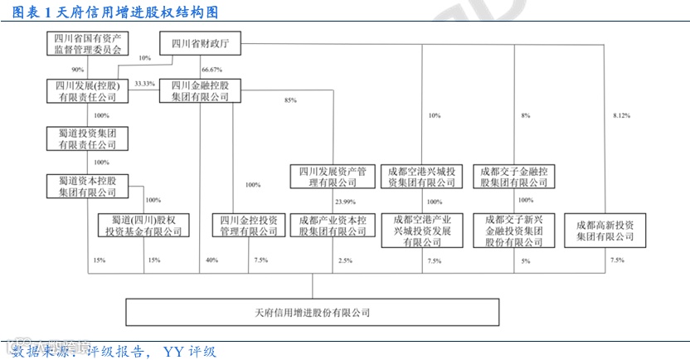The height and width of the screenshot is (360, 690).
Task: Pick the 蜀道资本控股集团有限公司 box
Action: pyautogui.click(x=87, y=186)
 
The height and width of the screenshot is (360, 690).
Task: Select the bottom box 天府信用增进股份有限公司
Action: pyautogui.click(x=312, y=312)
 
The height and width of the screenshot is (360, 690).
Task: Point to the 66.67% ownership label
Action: pyautogui.click(x=211, y=69)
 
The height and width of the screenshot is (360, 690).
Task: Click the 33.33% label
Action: pyautogui.click(x=144, y=84)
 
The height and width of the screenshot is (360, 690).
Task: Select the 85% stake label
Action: pyautogui.click(x=290, y=100)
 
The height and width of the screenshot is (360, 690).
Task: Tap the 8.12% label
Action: pyautogui.click(x=620, y=115)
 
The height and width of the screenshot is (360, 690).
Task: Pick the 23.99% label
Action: pyautogui.click(x=345, y=202)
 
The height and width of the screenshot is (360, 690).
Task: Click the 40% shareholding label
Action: pyautogui.click(x=211, y=260)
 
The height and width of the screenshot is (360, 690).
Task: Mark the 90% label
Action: pyautogui.click(x=78, y=69)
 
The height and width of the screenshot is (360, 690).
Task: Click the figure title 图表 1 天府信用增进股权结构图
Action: pyautogui.click(x=112, y=12)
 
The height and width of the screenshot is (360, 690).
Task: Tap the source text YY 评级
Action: pyautogui.click(x=190, y=351)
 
